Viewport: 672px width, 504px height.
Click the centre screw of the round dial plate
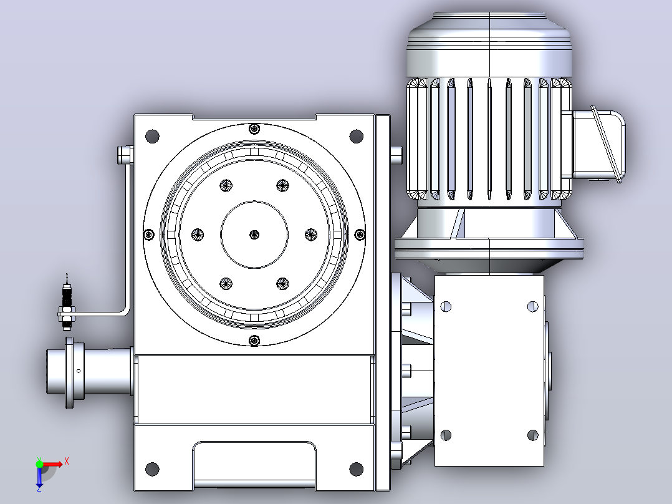(x=254, y=235)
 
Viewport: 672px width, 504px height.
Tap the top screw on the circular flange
(x=254, y=128)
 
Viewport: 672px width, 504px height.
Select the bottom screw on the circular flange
(x=254, y=341)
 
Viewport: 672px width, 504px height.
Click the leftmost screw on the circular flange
(x=149, y=235)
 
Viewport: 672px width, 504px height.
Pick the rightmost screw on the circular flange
(x=360, y=235)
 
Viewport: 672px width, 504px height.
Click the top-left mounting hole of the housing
(x=152, y=137)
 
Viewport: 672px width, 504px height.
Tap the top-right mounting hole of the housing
(x=356, y=137)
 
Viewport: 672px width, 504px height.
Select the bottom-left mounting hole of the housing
(x=152, y=469)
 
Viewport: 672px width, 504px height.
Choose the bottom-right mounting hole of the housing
(x=356, y=469)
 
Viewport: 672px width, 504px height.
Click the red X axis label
(x=67, y=462)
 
